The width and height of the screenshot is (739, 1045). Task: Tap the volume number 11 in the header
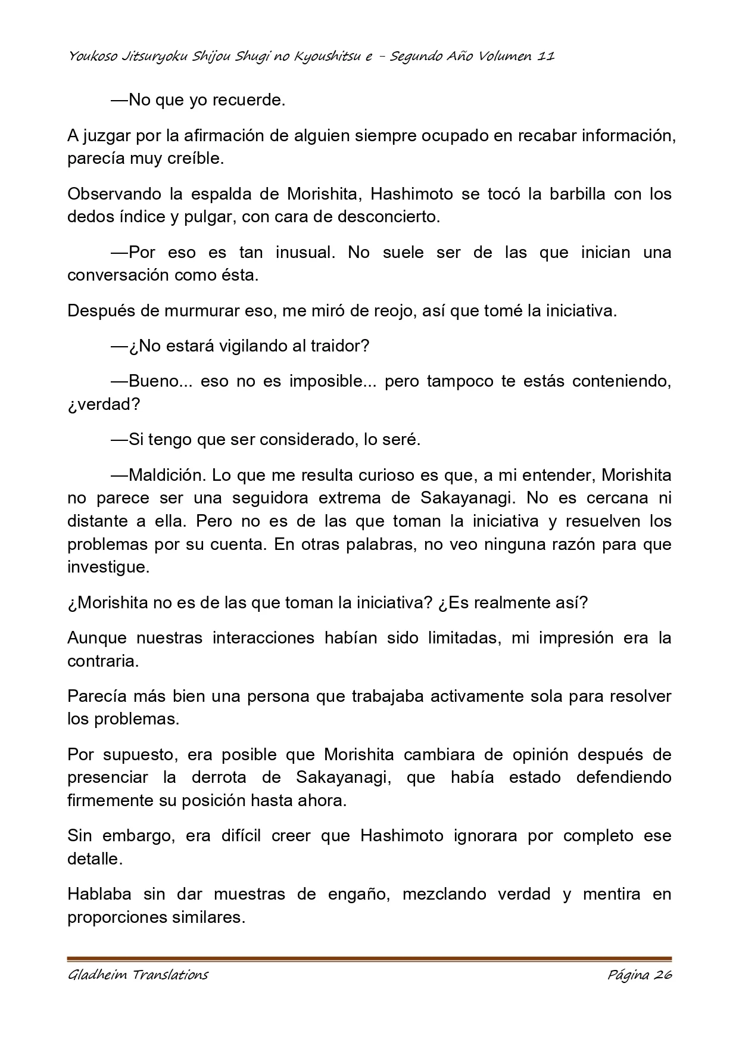[x=546, y=57]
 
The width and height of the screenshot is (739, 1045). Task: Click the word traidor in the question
[x=336, y=346]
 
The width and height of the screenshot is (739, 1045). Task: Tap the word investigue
[x=108, y=567]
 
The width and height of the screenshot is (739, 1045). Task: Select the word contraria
[x=102, y=661]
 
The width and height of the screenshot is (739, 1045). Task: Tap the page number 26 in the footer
[x=662, y=975]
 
